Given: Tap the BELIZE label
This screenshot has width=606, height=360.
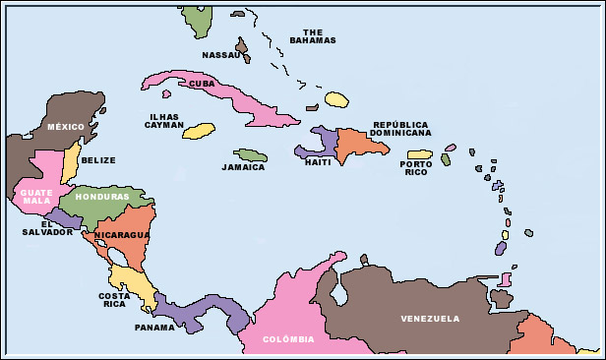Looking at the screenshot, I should click(x=98, y=160).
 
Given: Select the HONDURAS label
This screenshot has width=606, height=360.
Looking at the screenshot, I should click(x=101, y=197).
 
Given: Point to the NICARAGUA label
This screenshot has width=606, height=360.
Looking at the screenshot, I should click(x=122, y=235).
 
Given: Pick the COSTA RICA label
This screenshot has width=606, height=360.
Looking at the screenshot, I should click(x=114, y=300).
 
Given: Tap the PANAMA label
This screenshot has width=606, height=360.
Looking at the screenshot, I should click(x=154, y=328).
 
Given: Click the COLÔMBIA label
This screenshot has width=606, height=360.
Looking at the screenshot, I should click(x=289, y=339).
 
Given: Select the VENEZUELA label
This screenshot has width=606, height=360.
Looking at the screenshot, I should click(x=430, y=319).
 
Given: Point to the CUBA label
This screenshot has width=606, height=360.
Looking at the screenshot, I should click(x=202, y=84).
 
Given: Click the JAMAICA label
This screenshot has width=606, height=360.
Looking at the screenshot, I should click(x=243, y=167).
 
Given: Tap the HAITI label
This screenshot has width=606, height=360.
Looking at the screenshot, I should click(x=318, y=162).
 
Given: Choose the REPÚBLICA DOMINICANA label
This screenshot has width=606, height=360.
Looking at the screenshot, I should click(x=401, y=129).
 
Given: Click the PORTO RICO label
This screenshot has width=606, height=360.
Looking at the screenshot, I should click(x=416, y=168).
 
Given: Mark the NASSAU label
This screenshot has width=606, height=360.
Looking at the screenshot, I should click(x=220, y=55).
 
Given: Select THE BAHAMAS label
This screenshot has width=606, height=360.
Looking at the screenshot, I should click(x=313, y=35).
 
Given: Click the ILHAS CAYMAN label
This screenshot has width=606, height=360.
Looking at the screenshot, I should click(x=163, y=121).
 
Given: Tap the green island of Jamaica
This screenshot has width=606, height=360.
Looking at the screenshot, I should click(x=251, y=155).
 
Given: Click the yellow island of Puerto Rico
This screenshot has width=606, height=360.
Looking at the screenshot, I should click(x=420, y=154).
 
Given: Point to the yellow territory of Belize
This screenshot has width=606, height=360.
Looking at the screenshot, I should click(x=70, y=162).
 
